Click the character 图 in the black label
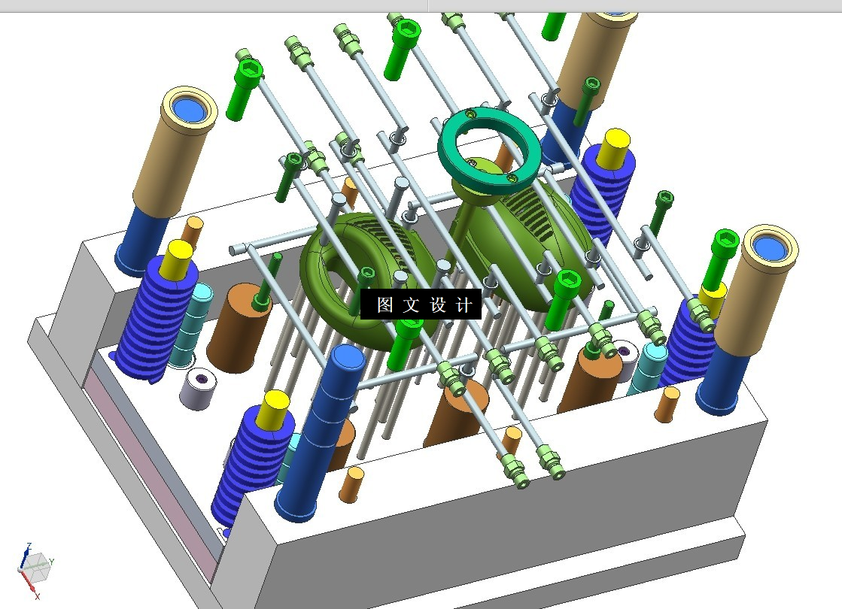[x=385, y=304]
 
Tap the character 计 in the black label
[x=464, y=304]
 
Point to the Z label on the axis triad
[x=29, y=547]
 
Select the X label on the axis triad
[x=37, y=595]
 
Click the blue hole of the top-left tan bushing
[x=190, y=111]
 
